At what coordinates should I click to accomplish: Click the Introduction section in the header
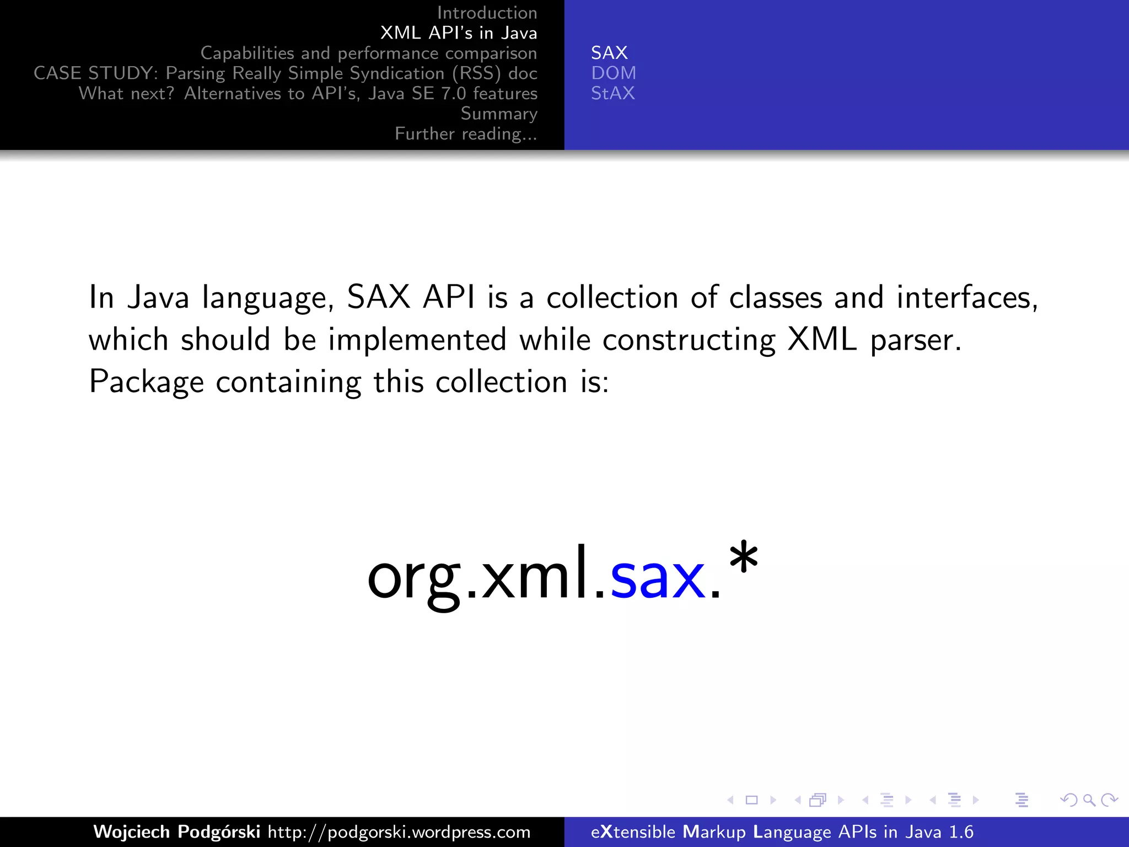[487, 13]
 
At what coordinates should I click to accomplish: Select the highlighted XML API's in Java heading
[458, 33]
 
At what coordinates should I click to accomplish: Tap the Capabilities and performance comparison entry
[368, 53]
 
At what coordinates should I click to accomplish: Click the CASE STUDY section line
[285, 73]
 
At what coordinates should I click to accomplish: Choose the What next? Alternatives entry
[308, 93]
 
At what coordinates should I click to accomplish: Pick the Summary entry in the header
[498, 114]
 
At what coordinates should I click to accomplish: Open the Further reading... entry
[466, 134]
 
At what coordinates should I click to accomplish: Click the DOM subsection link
[614, 73]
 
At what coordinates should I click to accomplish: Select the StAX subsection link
[612, 93]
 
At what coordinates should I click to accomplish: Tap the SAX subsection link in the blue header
[609, 53]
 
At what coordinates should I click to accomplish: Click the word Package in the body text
[146, 382]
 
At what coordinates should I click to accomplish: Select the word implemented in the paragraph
[417, 339]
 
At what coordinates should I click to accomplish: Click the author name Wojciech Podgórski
[176, 832]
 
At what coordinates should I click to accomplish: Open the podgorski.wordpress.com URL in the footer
[399, 832]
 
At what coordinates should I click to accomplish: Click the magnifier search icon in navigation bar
[1089, 800]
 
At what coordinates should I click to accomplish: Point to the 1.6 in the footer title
[961, 832]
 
